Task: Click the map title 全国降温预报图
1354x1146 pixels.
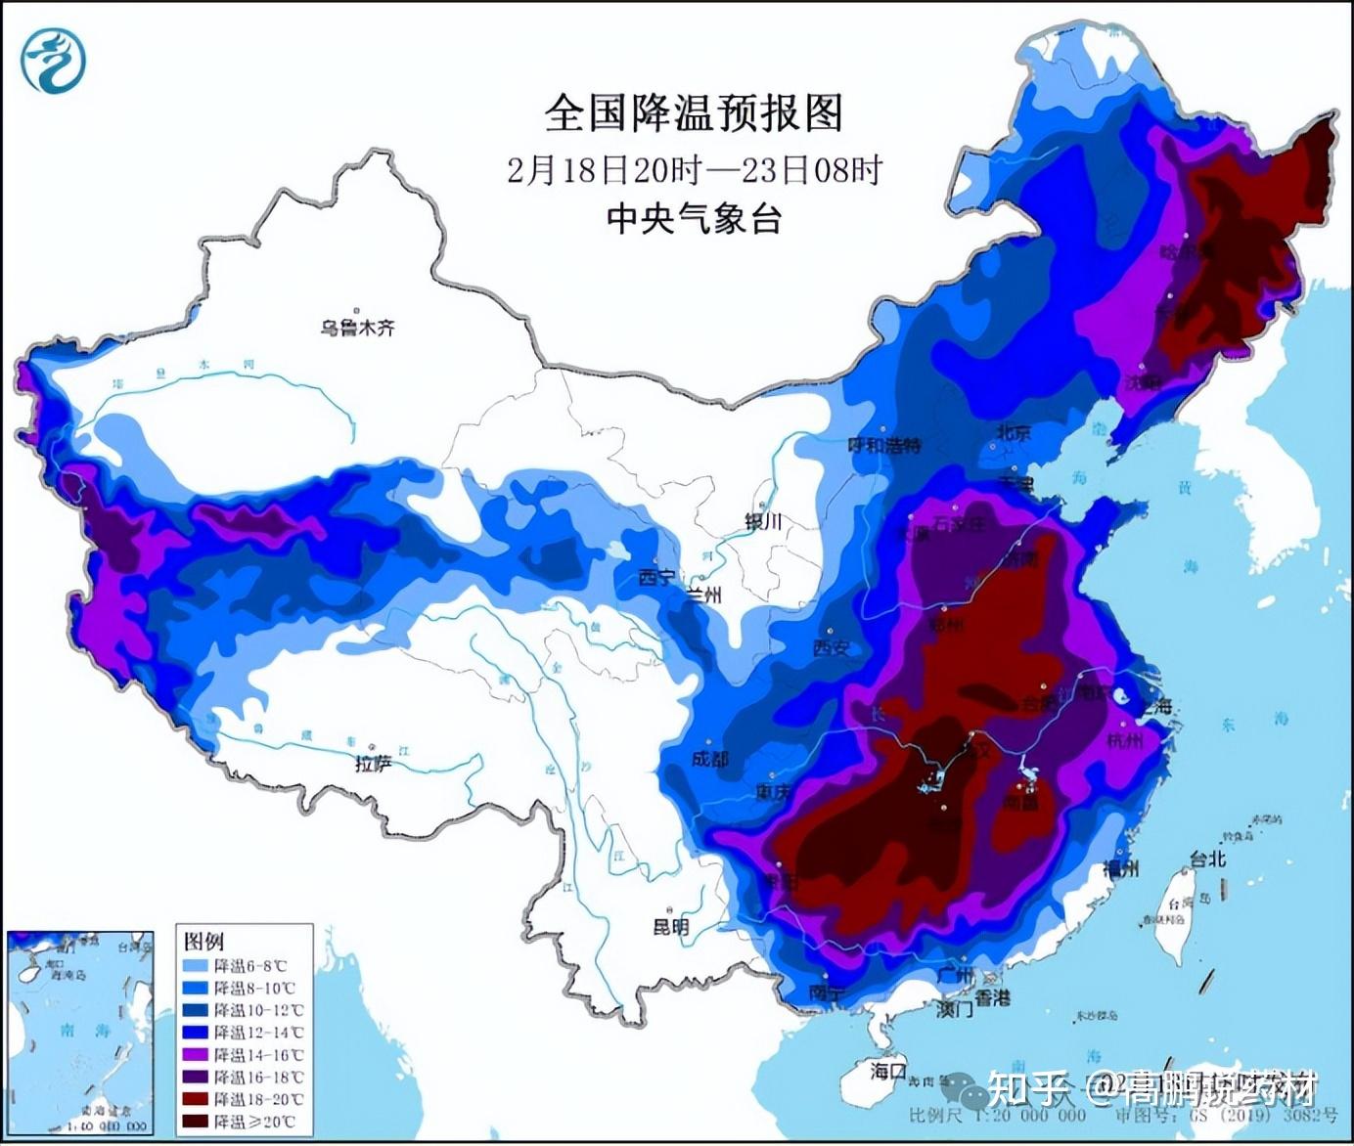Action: tap(693, 114)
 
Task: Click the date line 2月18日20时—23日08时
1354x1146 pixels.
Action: tap(693, 170)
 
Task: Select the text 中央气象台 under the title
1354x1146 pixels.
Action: tap(693, 218)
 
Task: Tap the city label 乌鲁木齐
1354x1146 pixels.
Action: tap(358, 328)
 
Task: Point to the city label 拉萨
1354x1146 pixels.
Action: tap(374, 764)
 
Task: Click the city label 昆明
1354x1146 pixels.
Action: tap(670, 926)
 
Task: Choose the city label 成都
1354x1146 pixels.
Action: tap(709, 759)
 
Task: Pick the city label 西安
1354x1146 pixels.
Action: tap(832, 647)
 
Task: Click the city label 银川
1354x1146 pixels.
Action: tap(764, 522)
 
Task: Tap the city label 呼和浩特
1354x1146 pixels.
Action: tap(884, 445)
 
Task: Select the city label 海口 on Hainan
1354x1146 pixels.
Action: tap(888, 1071)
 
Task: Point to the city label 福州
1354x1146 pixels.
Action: tap(1120, 868)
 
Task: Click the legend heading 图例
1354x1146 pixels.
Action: tap(203, 942)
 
